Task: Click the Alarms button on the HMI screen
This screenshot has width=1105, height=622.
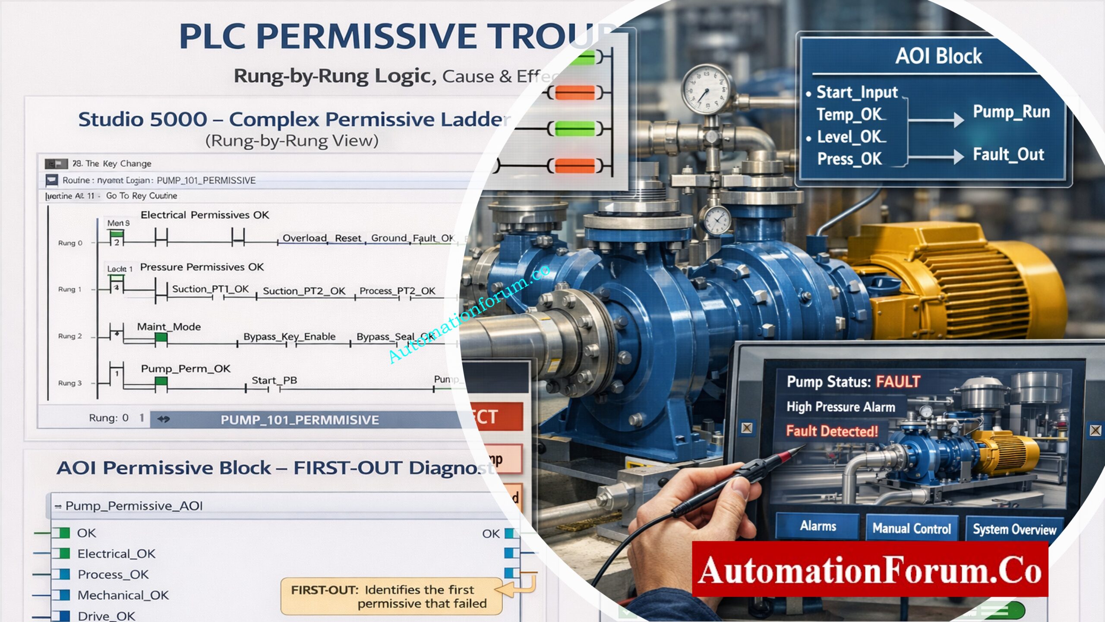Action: point(818,526)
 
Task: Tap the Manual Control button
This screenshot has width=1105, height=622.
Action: point(912,528)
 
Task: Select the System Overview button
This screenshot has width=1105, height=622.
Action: point(1014,529)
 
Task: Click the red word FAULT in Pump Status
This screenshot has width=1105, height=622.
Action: point(898,382)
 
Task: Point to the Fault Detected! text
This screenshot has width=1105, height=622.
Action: point(832,431)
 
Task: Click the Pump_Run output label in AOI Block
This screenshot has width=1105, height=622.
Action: point(1011,112)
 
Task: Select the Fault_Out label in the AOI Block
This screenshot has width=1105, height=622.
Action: point(1008,155)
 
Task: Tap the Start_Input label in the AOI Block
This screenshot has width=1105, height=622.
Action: point(857,92)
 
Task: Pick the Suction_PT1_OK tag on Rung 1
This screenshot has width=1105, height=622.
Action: point(210,289)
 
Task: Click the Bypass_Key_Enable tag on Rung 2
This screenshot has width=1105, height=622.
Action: point(289,336)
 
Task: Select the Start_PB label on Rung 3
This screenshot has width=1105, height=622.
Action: point(274,381)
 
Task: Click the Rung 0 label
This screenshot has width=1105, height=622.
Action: point(70,243)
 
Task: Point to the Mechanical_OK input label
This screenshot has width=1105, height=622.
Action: point(123,595)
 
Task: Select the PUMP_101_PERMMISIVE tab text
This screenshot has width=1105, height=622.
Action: point(300,420)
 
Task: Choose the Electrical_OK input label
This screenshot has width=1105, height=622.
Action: point(116,554)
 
